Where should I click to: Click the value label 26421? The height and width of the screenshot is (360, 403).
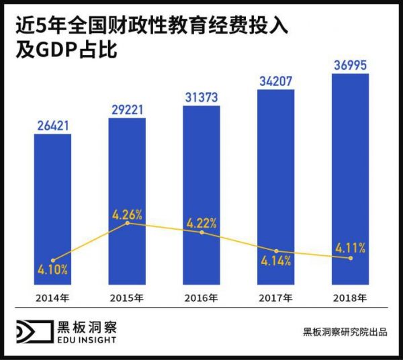tap(53, 126)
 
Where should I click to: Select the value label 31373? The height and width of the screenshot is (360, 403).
tap(201, 97)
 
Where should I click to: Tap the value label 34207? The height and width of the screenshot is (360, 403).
tap(276, 81)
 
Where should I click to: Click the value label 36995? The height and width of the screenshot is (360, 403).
tap(351, 65)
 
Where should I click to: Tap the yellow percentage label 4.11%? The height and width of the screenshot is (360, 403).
tap(350, 248)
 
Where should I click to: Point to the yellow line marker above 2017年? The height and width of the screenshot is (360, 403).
tap(276, 251)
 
